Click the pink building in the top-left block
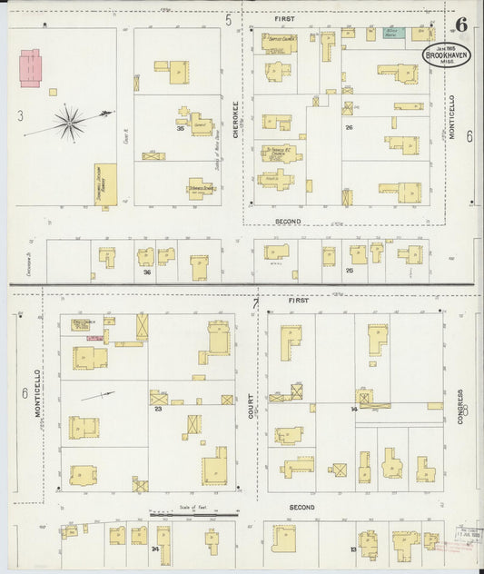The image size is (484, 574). pos(31,68)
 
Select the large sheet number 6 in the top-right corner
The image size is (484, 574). pos(463,22)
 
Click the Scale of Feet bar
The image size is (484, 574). pos(193,514)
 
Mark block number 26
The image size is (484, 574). pos(349,127)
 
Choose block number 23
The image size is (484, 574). pos(158,409)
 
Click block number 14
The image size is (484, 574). pos(354,410)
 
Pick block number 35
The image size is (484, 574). pos(181,129)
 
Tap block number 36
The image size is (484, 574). pos(146,272)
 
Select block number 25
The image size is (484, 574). pos(349,270)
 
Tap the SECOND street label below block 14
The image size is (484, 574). pos(301,507)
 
